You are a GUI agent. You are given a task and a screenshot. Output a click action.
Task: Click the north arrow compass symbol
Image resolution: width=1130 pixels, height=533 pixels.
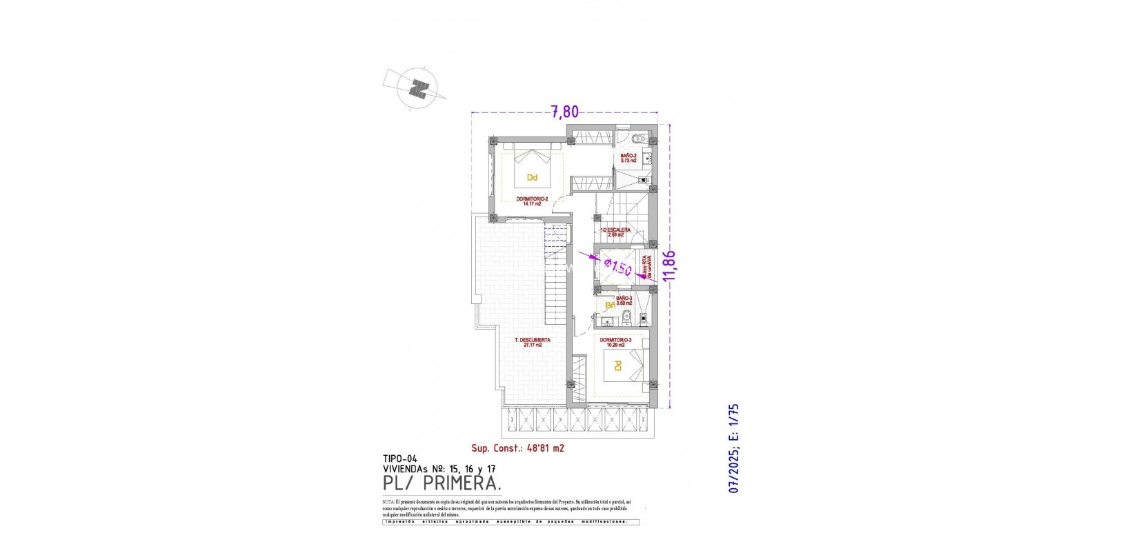(x=417, y=89)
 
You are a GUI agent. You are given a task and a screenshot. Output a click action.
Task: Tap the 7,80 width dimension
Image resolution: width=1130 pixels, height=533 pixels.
(x=564, y=111)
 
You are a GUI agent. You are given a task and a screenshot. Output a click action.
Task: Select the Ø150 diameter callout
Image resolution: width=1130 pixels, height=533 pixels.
(x=617, y=265)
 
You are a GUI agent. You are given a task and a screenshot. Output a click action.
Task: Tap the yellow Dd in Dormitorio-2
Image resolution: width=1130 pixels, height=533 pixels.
(x=532, y=177)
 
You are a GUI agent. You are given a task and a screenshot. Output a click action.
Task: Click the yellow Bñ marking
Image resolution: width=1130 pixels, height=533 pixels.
(x=610, y=305)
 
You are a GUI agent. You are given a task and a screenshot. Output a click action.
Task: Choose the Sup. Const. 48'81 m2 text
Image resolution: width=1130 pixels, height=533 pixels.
(x=518, y=448)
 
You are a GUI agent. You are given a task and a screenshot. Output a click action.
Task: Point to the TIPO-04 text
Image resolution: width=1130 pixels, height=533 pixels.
(x=400, y=458)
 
